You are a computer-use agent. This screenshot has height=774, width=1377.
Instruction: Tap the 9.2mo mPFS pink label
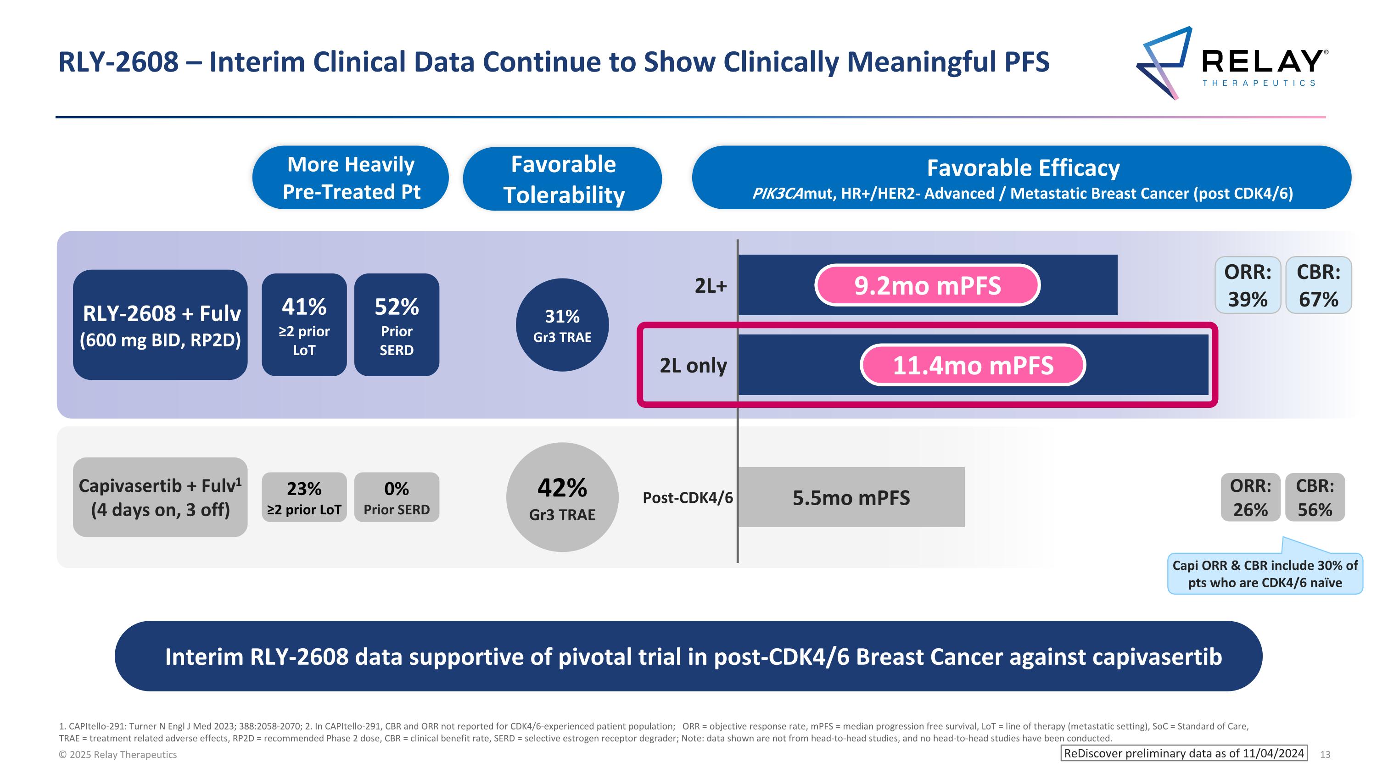(927, 285)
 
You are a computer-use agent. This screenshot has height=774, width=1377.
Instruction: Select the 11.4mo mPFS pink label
(972, 365)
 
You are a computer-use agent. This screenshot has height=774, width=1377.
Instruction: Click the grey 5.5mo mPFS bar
(851, 497)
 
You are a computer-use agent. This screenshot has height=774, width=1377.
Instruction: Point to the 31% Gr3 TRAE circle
(562, 325)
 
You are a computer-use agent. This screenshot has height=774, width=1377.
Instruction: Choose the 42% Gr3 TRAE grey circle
(562, 497)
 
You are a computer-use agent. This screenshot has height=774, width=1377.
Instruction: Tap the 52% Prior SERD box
(396, 325)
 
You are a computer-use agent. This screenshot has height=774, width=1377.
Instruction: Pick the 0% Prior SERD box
(396, 497)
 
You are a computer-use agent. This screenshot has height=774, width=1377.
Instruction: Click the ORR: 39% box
(1248, 285)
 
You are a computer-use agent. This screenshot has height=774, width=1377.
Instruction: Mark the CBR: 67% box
(1318, 285)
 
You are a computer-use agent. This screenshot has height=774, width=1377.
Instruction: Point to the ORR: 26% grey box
(1250, 497)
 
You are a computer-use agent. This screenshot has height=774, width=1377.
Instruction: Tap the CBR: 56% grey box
(1315, 497)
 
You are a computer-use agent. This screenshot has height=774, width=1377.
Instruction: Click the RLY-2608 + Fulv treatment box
(160, 325)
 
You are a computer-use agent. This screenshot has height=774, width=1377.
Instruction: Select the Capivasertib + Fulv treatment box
(160, 497)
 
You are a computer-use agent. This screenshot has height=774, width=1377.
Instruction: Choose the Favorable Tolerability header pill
(562, 179)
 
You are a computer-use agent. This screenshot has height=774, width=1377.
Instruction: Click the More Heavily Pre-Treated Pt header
(351, 178)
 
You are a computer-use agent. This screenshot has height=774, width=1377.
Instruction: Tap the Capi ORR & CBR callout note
(1265, 574)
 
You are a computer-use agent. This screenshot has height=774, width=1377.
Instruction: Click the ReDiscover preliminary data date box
(1183, 753)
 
